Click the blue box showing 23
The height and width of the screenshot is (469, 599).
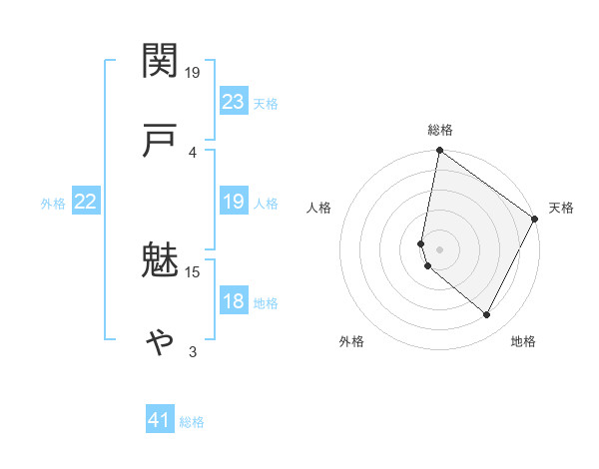coord(234,102)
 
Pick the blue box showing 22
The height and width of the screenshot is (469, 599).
coord(86,203)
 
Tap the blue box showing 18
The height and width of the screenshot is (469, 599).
coord(234,302)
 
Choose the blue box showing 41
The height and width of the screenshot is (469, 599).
coord(160,421)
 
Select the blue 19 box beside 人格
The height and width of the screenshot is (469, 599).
coord(234,203)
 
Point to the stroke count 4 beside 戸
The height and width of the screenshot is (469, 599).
coord(193,152)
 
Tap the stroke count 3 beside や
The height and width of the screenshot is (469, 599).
coord(193,351)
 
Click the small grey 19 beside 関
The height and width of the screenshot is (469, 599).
coord(193,72)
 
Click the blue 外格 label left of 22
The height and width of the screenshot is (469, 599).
coord(53,204)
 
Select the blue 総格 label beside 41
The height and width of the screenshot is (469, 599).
coord(192,422)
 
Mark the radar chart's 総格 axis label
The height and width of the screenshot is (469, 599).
coord(440,130)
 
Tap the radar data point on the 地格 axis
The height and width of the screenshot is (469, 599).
coord(487,315)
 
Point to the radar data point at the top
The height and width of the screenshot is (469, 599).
coord(439,152)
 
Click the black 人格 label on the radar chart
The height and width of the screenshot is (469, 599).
coord(319,208)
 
